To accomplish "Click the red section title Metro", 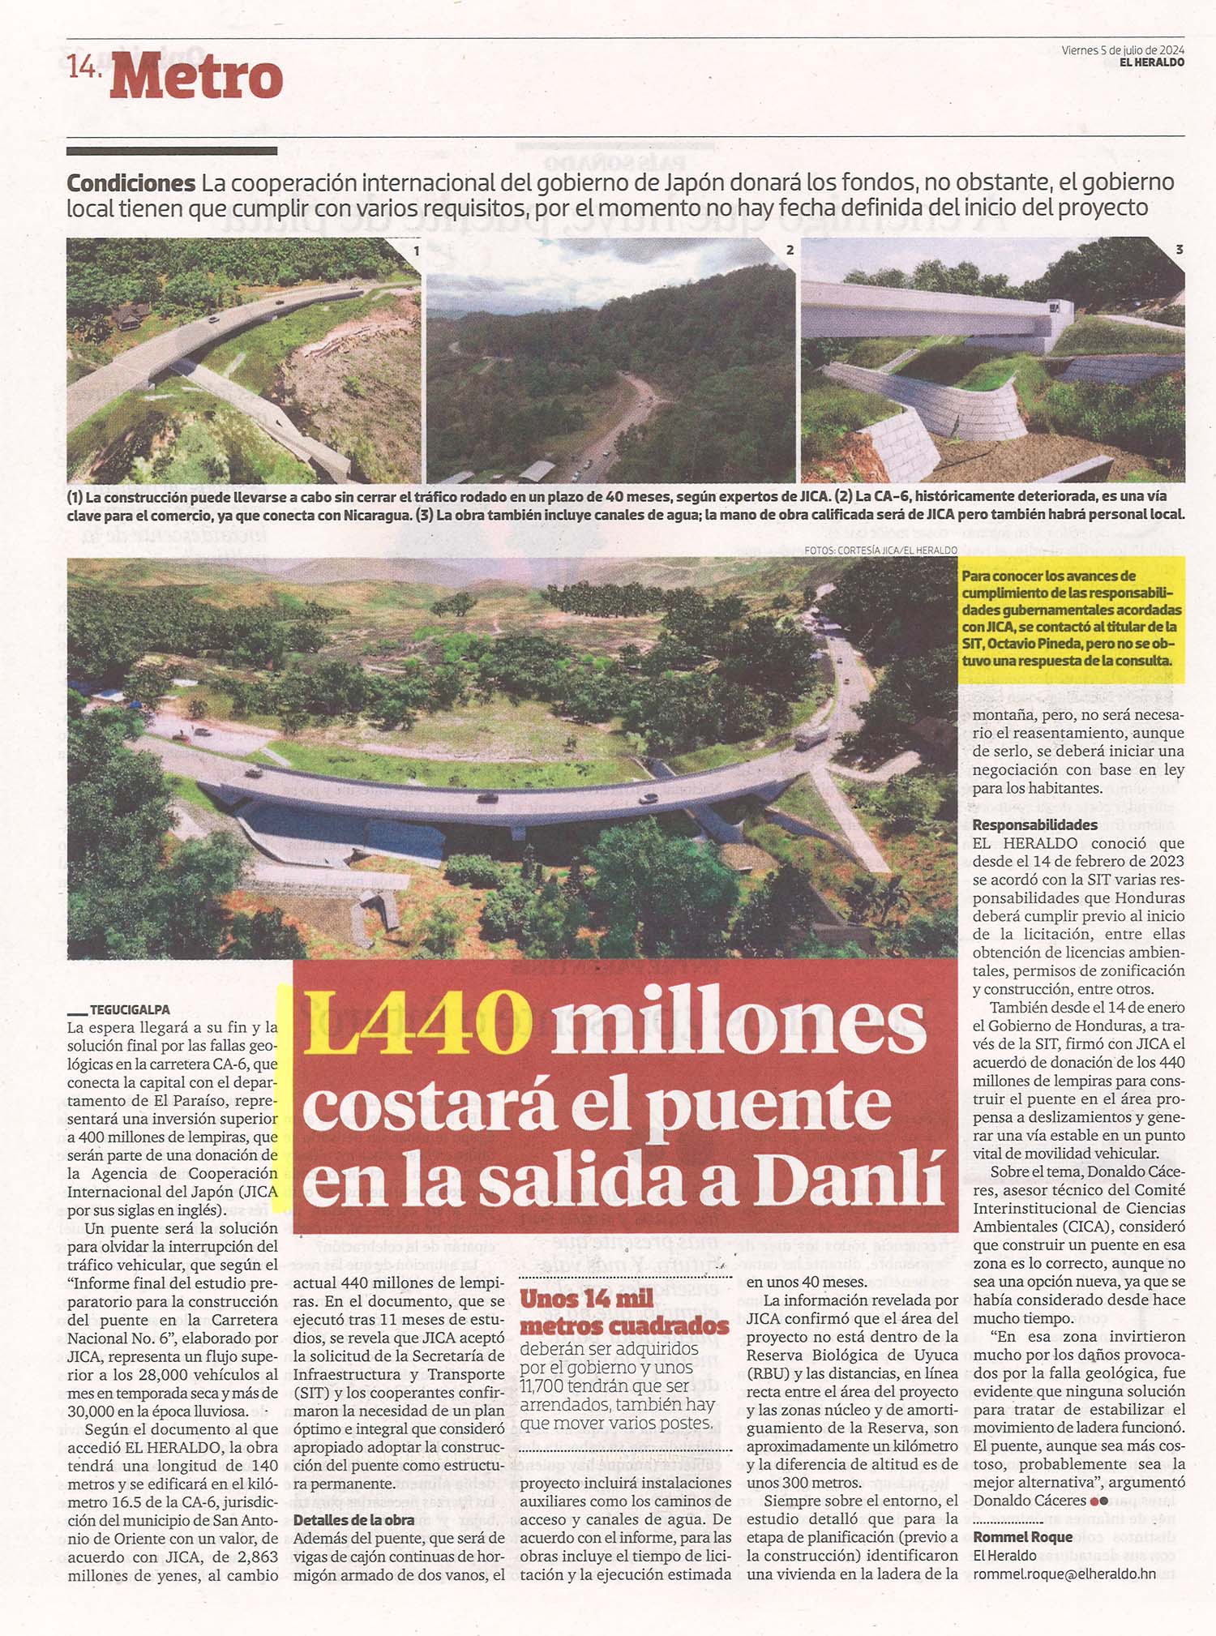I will [196, 78].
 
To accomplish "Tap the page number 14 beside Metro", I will [83, 70].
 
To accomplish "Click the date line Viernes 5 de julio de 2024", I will [1123, 50].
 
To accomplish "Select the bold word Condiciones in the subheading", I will [131, 183].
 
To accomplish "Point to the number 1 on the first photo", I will [416, 251].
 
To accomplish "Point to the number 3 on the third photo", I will [1179, 250].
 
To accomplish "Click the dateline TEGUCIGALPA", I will [130, 1009].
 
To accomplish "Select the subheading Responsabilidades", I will [1034, 824].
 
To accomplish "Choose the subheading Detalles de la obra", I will [353, 1520].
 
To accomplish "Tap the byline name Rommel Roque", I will [1022, 1537].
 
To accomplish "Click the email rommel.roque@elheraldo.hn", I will [1064, 1573].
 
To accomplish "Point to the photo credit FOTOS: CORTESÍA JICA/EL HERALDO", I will [880, 550].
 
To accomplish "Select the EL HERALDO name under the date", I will [1151, 62].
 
